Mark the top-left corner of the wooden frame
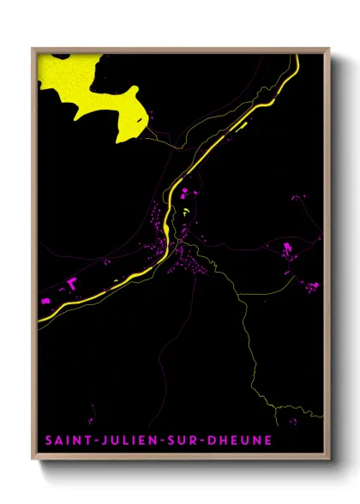click(x=33, y=48)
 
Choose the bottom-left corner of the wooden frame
click(x=33, y=460)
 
